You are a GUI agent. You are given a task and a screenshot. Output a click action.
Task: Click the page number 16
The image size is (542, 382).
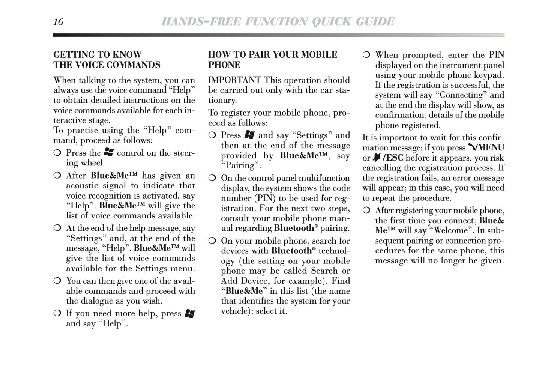point(58,22)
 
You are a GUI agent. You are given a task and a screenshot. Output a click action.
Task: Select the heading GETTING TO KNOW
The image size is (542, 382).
point(98,55)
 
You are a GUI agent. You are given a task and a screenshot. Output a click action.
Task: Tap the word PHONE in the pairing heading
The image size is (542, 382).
point(224,65)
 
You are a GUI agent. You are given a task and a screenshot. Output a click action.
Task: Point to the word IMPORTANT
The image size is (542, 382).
point(234,80)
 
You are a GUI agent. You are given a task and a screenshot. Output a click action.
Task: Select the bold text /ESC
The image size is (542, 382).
point(393,158)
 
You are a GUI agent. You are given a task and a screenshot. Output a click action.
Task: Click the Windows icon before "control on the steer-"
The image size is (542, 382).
point(109,153)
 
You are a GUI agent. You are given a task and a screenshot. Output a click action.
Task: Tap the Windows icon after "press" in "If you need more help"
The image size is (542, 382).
point(190,314)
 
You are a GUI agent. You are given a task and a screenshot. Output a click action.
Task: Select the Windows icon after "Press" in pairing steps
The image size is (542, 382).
point(249,135)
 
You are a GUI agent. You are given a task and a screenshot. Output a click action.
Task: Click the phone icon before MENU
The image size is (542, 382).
point(472,148)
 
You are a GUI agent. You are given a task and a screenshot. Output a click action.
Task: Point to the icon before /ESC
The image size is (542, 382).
point(377,158)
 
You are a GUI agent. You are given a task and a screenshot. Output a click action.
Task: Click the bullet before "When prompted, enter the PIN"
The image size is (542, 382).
point(366,55)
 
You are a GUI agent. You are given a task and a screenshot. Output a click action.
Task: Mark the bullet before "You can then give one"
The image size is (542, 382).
point(57,281)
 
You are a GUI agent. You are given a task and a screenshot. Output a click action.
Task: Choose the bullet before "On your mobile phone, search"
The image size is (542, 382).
point(212,241)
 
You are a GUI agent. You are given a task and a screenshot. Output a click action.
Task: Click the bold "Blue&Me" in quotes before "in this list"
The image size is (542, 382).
point(244,291)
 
